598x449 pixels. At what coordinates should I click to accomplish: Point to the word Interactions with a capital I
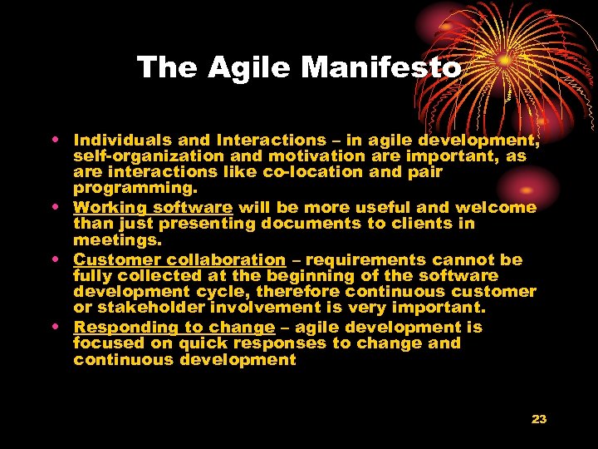(271, 141)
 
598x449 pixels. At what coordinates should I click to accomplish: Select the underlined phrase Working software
(153, 208)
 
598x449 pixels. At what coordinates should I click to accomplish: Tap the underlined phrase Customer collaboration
(179, 259)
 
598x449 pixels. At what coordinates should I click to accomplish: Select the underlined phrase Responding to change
(174, 328)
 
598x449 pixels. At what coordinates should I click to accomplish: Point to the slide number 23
(539, 419)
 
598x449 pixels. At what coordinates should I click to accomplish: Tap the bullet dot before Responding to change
(61, 326)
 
